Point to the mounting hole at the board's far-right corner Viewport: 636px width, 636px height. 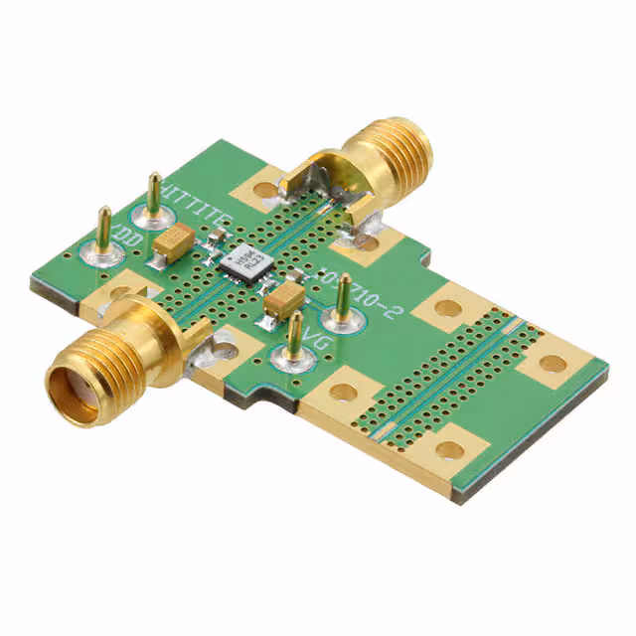pos(553,364)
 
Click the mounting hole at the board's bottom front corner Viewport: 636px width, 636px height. pos(450,450)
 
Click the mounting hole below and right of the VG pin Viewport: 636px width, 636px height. pos(343,392)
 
